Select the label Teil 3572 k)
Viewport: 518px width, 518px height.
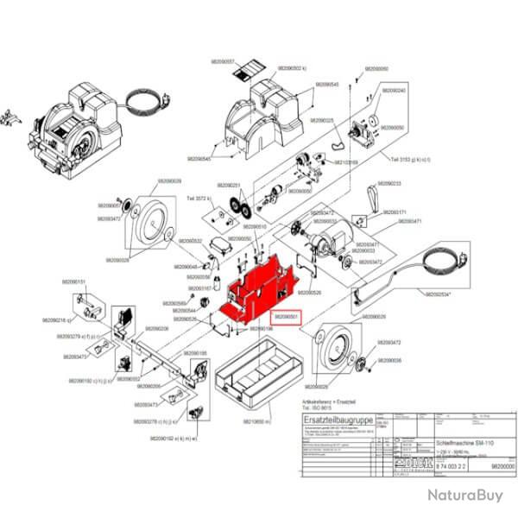[201, 197]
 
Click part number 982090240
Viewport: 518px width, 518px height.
[395, 91]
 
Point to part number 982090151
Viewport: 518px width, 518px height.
[74, 281]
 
